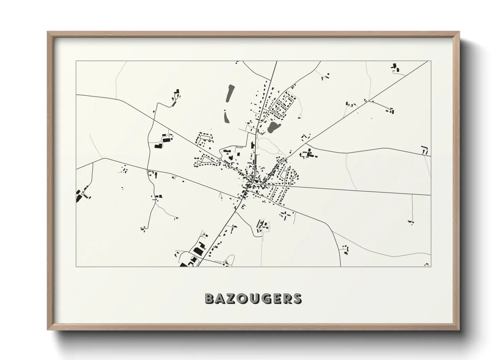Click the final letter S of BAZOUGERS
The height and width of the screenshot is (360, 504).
297,299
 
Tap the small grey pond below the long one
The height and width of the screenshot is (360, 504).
226,117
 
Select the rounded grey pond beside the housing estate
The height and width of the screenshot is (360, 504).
273,128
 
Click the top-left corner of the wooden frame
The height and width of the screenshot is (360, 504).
48,32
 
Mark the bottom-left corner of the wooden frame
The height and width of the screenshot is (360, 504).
48,330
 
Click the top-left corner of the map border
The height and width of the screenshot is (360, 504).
76,61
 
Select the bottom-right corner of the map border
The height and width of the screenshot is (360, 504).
431,266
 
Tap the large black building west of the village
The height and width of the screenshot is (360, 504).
158,146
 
